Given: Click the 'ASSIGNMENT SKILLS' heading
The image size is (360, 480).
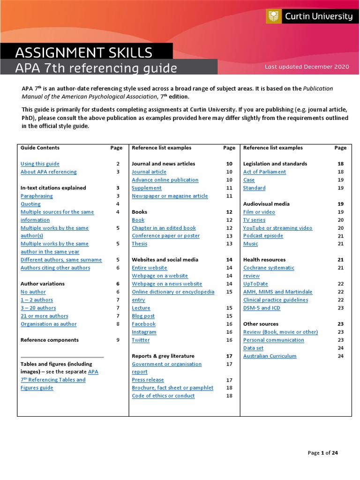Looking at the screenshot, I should click(x=84, y=52).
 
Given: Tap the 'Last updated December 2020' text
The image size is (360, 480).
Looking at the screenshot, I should click(x=307, y=67).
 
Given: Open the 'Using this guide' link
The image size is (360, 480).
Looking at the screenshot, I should click(x=40, y=164).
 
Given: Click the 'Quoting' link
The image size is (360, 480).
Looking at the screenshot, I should click(x=30, y=204).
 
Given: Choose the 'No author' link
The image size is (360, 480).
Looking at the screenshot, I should click(x=33, y=292).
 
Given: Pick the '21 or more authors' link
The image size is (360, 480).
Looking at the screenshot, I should click(x=44, y=316).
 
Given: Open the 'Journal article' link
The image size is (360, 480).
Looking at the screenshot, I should click(x=149, y=172).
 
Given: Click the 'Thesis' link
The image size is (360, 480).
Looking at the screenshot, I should click(x=139, y=244).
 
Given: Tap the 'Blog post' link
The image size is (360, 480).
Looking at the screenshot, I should click(x=143, y=316).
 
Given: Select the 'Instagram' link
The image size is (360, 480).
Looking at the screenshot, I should click(x=144, y=332).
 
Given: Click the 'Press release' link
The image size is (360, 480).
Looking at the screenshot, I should click(x=148, y=380).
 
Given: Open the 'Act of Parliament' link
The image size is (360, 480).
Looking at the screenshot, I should click(x=264, y=172).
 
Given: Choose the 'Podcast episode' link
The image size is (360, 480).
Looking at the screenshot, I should click(x=263, y=236).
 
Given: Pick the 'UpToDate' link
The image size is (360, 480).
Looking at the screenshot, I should click(x=255, y=284).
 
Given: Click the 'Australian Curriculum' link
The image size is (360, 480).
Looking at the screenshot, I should click(x=270, y=356).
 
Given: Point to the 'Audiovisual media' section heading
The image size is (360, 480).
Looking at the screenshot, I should click(x=266, y=204).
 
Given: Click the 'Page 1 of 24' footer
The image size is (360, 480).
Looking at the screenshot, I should click(x=322, y=453).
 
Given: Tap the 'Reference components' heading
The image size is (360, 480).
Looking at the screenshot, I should click(x=50, y=340).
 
